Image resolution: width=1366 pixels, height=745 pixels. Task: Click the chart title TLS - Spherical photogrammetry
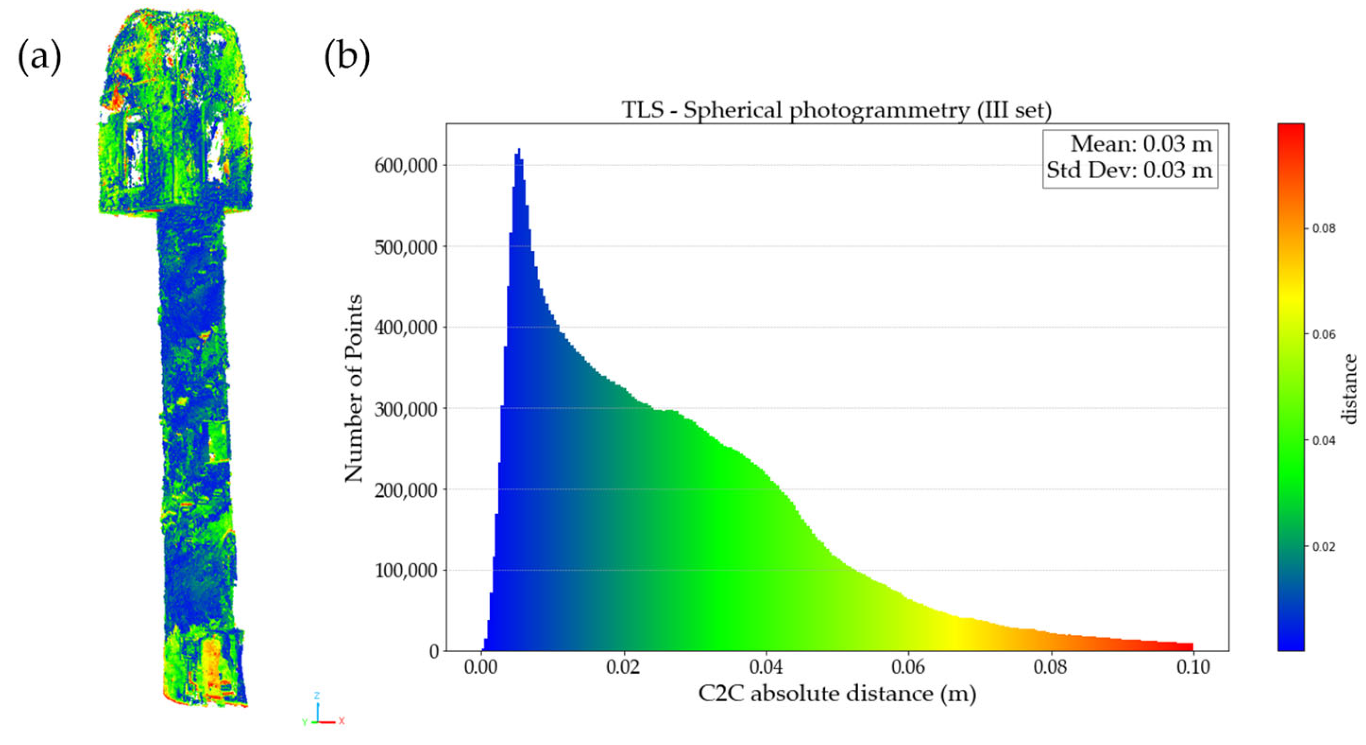tap(836, 110)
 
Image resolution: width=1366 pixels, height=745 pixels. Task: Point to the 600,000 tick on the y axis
tap(406, 166)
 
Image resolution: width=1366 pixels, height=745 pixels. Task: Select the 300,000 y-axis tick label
tap(406, 409)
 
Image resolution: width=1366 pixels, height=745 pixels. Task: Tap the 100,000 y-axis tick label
tap(406, 571)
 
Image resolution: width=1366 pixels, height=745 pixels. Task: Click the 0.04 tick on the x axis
tap(766, 667)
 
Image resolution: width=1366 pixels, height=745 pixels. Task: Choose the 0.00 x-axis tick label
tap(481, 667)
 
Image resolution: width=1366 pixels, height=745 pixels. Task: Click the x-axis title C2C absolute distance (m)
tap(836, 694)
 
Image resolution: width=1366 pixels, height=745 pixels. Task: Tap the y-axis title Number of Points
tap(354, 388)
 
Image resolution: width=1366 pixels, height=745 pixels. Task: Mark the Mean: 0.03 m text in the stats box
tap(1141, 144)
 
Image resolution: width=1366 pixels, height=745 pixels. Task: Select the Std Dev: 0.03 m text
tap(1130, 170)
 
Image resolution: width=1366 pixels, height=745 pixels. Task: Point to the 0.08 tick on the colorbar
tap(1323, 229)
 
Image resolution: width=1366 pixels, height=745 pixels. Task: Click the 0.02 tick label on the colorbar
tap(1323, 547)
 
